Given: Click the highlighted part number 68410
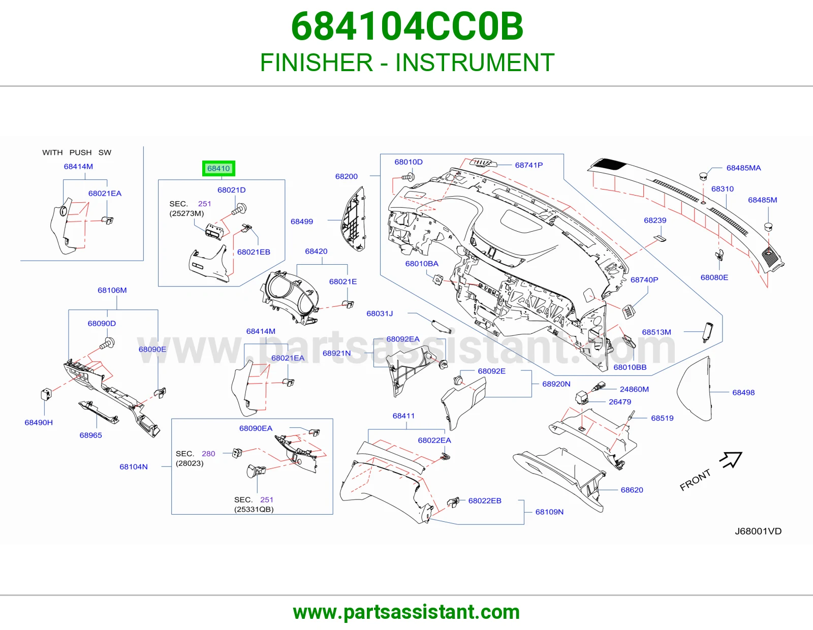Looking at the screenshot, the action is coord(218,168).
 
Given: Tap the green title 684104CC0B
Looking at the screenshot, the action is coord(407,26).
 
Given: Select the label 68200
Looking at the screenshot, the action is coord(346,176).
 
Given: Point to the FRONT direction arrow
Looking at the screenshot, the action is coord(731,459).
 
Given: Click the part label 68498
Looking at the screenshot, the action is coord(743,392).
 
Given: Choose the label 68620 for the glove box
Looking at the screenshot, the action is coord(632,490).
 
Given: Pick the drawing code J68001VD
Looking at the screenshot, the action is coord(758,531).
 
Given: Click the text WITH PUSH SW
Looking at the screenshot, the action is coord(77,152).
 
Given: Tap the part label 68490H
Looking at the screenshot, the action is coord(39,422).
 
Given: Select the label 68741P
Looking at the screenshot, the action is coord(528,165).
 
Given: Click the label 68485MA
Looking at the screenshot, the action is coord(743,168).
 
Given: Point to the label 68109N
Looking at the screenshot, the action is coord(549,512).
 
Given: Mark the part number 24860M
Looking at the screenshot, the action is coord(634,389).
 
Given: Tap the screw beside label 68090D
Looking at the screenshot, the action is coord(107,343).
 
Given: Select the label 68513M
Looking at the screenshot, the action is coord(656,332).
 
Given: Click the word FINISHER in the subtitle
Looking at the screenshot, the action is coord(316,62).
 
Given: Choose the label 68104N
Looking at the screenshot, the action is coord(134,466).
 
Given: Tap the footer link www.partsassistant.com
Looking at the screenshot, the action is coord(407,612).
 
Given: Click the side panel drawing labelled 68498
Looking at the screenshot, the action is coord(695,389).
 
